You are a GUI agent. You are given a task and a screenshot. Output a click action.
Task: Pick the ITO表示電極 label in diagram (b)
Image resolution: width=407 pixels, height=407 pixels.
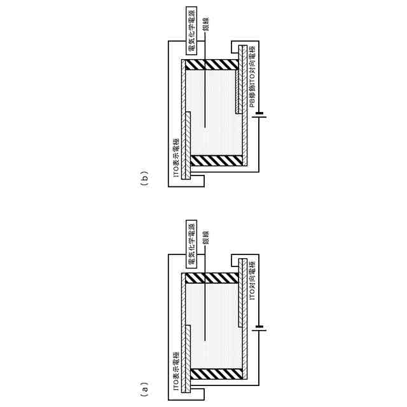pyautogui.click(x=176, y=158)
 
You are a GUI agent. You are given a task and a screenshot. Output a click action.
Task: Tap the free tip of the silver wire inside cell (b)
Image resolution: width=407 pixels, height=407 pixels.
pyautogui.click(x=205, y=125)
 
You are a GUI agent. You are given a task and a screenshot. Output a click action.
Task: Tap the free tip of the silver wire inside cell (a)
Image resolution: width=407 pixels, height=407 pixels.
pyautogui.click(x=205, y=338)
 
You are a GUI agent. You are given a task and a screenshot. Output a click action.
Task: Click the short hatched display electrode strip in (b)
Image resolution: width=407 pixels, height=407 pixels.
pyautogui.click(x=189, y=146)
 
